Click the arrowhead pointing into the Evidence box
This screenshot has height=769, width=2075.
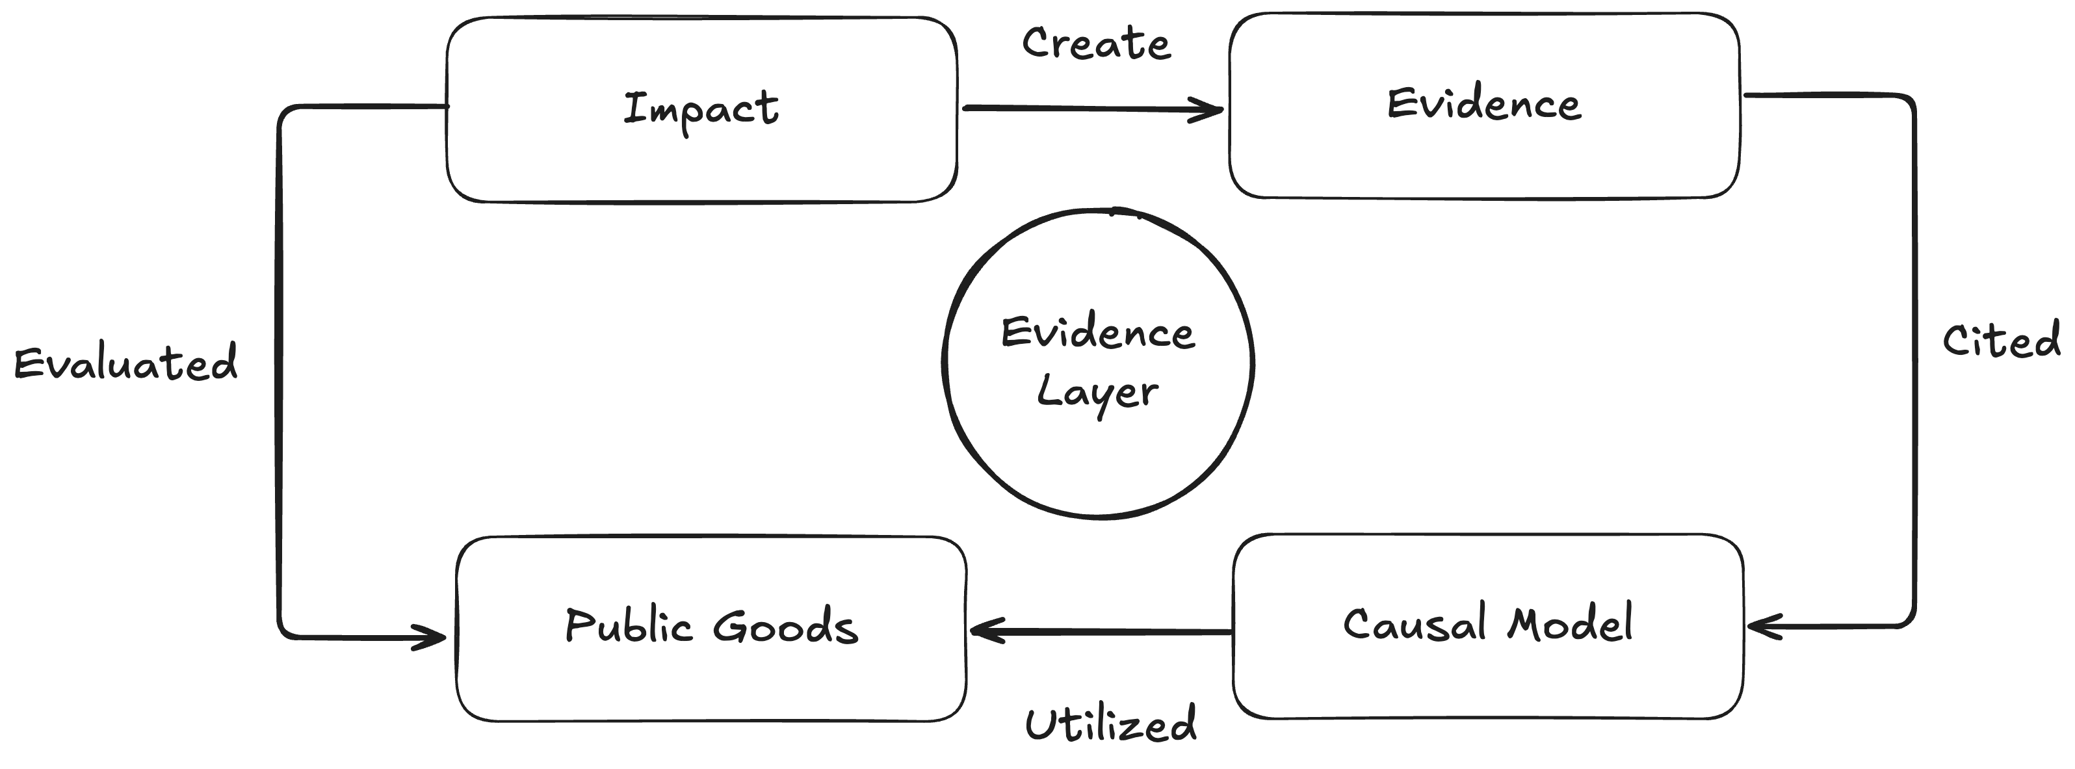pyautogui.click(x=1212, y=109)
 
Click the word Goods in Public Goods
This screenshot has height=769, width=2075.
pyautogui.click(x=785, y=627)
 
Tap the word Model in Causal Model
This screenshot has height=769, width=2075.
pyautogui.click(x=1570, y=624)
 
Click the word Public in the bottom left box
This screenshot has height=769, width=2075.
pyautogui.click(x=629, y=627)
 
